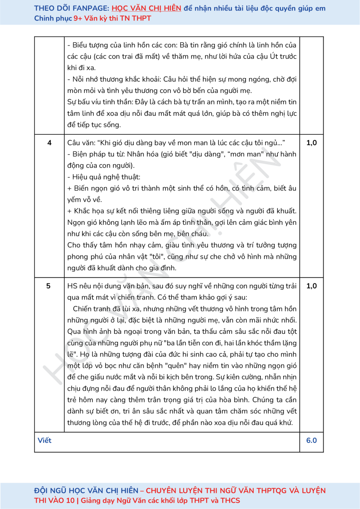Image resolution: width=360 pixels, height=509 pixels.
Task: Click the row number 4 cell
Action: [49, 143]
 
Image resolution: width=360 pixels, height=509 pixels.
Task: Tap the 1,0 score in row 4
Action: [311, 143]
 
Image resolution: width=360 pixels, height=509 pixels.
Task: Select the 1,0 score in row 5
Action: [311, 286]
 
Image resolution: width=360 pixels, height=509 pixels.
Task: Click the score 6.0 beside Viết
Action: [311, 440]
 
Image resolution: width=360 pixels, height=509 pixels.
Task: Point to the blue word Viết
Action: [45, 440]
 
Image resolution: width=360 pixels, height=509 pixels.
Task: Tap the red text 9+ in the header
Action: [78, 18]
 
